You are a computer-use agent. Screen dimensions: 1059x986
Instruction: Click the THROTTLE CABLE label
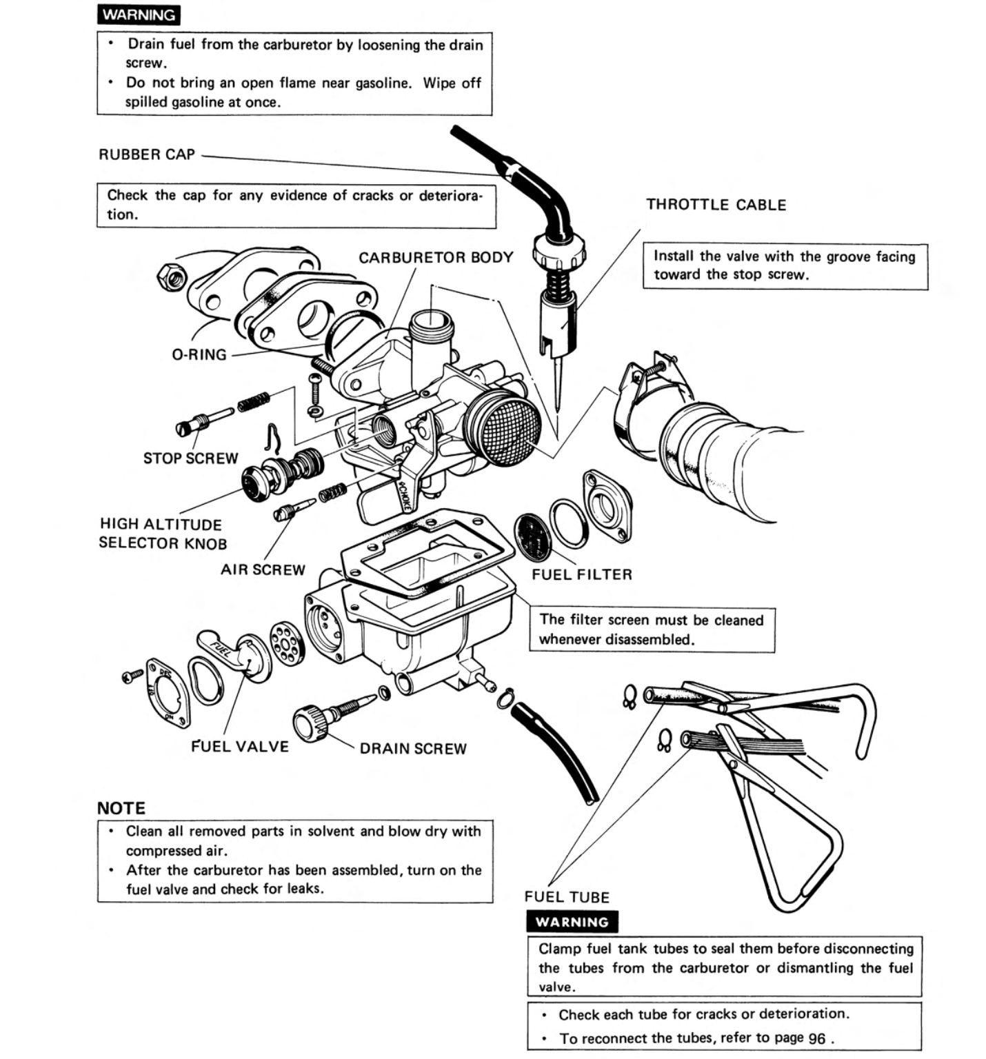click(716, 205)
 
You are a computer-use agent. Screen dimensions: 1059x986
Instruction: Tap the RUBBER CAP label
click(147, 154)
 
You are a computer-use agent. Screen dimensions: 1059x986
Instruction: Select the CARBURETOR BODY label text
click(436, 257)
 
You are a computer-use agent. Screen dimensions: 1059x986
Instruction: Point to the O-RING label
click(199, 354)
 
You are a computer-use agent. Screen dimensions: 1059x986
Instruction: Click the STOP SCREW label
click(190, 458)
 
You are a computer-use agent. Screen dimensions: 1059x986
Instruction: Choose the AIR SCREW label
click(263, 570)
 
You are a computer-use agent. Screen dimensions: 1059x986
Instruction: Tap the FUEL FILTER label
click(581, 574)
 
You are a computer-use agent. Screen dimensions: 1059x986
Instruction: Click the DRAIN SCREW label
click(413, 749)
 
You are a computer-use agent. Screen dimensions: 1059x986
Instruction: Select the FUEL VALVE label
click(239, 747)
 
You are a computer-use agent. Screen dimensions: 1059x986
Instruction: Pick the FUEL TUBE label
click(567, 897)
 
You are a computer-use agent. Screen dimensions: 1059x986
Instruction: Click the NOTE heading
click(121, 808)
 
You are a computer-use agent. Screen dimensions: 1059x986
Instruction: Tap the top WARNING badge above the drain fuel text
click(139, 14)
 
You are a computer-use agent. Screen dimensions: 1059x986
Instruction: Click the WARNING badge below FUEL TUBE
click(572, 922)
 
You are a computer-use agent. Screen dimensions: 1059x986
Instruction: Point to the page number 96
click(816, 1038)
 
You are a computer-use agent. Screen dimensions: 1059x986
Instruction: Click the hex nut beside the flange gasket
click(171, 277)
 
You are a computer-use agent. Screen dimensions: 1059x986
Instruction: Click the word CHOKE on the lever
click(403, 497)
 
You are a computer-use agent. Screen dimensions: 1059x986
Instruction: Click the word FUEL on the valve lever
click(221, 649)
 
